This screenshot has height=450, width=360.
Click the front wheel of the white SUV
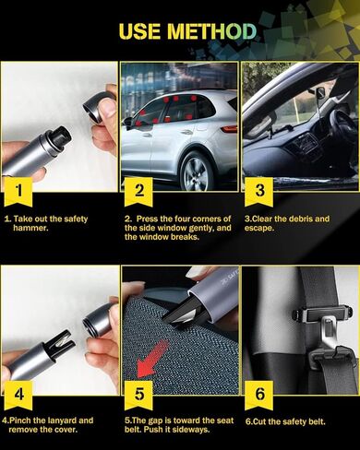[x=197, y=171]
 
